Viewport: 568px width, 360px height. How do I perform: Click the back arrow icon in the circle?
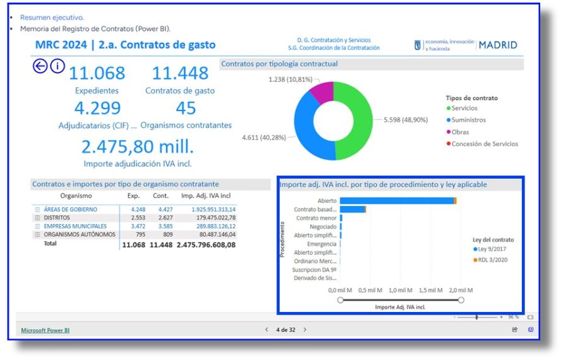point(40,66)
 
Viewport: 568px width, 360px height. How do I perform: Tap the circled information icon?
point(57,66)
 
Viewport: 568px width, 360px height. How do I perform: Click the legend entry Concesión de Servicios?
point(485,144)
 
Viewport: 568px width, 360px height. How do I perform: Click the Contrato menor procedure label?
point(316,218)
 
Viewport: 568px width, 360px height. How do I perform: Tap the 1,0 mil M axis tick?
point(401,290)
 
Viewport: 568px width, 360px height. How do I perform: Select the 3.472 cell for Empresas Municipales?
point(137,226)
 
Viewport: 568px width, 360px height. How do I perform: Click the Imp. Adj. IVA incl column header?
point(208,196)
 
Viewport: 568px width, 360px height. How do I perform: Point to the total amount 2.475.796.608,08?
point(206,244)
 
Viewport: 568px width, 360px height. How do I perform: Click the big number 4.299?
point(97,108)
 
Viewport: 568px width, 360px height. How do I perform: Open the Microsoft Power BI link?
point(45,330)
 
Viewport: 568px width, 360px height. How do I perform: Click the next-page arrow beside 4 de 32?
point(305,330)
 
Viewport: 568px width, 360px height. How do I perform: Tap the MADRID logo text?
point(498,45)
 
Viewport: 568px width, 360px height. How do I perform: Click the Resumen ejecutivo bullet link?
point(52,18)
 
